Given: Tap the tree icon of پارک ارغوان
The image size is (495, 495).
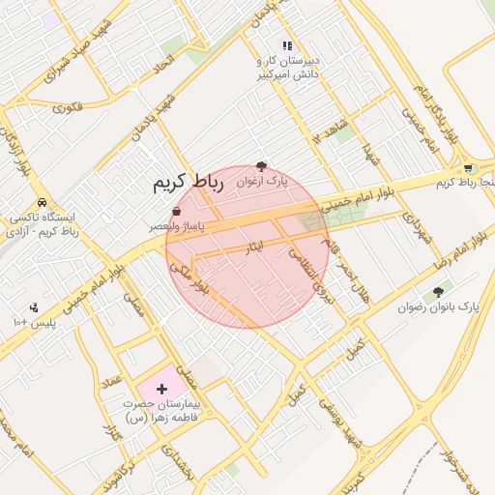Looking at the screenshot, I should click(262, 166).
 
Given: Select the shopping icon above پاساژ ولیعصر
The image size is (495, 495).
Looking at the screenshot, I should click(175, 211).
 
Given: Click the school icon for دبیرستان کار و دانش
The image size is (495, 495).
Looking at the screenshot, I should click(286, 45).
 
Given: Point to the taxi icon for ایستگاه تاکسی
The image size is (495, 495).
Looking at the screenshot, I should click(40, 203).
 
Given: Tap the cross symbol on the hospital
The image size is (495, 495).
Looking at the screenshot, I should click(161, 387).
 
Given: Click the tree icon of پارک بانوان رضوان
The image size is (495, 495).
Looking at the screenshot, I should click(438, 292).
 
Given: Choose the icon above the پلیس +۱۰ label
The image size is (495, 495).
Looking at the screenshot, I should click(34, 307).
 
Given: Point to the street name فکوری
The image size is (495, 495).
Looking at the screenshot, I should click(69, 105).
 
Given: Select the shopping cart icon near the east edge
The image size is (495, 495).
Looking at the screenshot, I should click(469, 167).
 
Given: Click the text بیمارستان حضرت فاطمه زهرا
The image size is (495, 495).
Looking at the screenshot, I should click(161, 411).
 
